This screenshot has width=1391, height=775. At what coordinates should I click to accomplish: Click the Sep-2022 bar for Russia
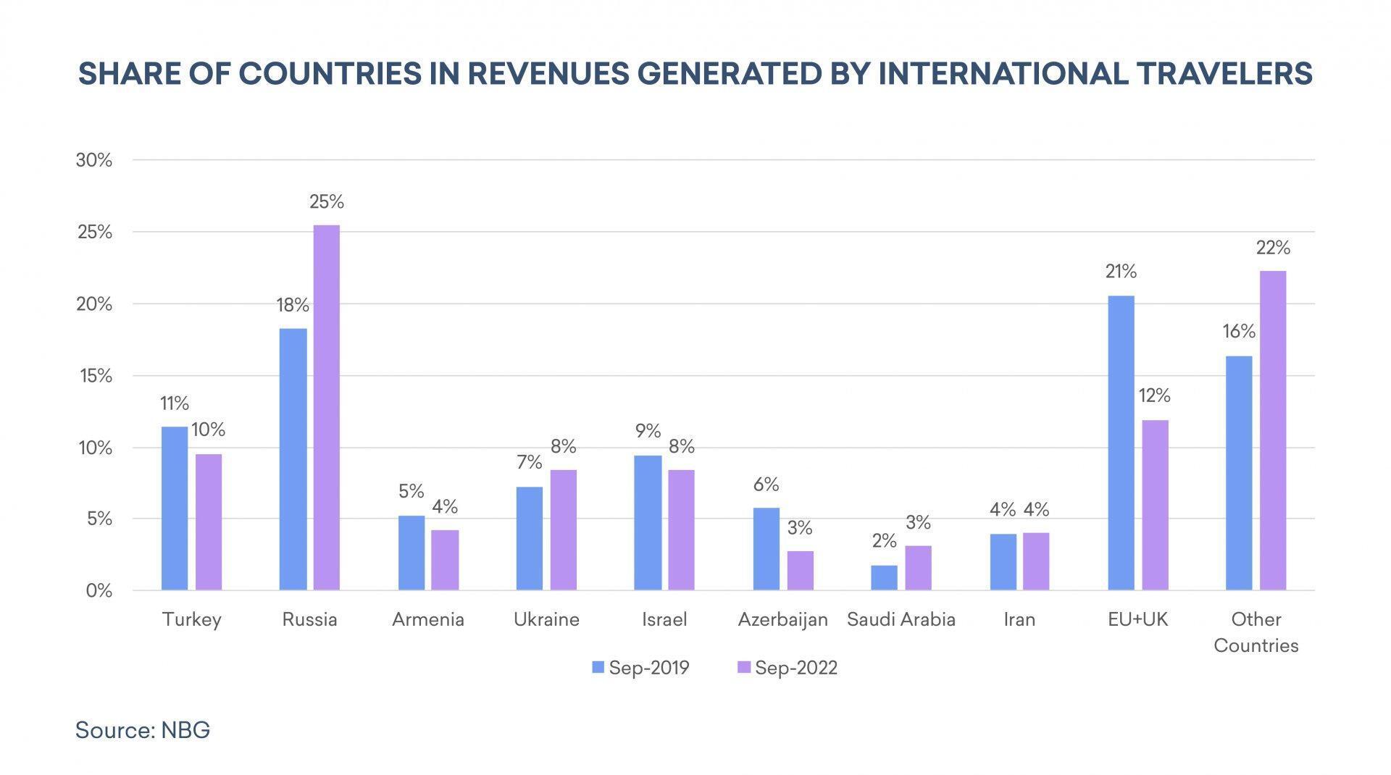[326, 407]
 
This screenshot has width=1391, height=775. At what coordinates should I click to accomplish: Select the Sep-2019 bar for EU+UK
[1121, 443]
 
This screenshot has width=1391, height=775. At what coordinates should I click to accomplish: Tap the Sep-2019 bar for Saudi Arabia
[884, 577]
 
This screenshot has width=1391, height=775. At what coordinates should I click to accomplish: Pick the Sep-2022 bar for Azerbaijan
[800, 570]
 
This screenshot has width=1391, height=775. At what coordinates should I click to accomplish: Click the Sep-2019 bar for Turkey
[175, 508]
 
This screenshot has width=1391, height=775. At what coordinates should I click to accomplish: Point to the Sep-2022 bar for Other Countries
[1273, 430]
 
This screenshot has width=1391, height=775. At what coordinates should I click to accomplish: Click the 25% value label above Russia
[326, 202]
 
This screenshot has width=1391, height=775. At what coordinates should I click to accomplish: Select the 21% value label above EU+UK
[1121, 272]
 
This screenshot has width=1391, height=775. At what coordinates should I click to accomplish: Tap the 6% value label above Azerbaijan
[766, 485]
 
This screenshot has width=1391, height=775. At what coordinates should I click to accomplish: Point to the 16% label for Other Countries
[1239, 332]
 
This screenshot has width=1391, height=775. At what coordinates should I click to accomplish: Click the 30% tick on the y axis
[94, 160]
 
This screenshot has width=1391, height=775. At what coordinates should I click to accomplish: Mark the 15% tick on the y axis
[94, 376]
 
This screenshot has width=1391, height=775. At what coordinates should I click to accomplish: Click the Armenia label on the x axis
[427, 620]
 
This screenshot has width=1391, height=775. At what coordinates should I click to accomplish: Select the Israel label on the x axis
[664, 620]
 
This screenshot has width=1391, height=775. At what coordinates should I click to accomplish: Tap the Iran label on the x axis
[1019, 620]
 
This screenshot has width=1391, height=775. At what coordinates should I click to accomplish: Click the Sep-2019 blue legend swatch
[598, 667]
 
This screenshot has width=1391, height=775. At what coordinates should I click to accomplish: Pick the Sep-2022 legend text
[795, 667]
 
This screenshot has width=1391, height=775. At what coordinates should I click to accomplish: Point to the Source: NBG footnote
[143, 729]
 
